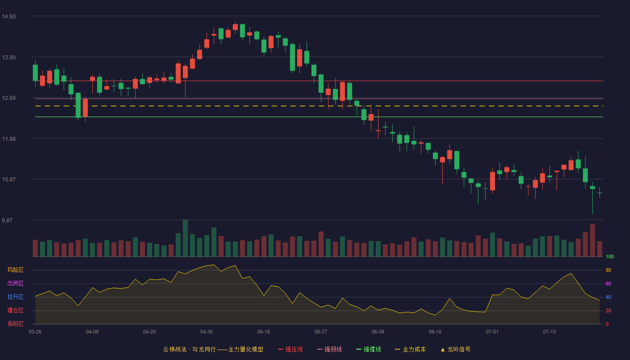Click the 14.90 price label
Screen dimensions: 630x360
(9, 17)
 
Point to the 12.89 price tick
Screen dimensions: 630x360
(9, 98)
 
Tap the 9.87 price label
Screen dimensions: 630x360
(7, 220)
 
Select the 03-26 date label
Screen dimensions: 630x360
(35, 332)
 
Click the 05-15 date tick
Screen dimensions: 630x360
(264, 332)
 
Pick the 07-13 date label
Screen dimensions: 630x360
(549, 332)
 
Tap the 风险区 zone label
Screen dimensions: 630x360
(15, 270)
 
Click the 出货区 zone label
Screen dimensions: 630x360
(15, 283)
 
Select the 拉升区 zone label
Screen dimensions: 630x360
(15, 297)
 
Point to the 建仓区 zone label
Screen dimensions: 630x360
(15, 310)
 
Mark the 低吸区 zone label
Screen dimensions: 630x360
(15, 324)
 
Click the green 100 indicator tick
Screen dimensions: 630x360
(610, 257)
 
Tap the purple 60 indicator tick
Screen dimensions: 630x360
(608, 284)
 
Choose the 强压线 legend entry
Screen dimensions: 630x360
(290, 350)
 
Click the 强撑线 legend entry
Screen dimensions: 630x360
(369, 350)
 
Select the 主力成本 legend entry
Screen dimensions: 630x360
(410, 350)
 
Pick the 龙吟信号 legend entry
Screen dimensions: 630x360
(455, 350)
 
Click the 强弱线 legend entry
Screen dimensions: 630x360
(329, 350)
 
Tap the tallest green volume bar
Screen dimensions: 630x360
(185, 238)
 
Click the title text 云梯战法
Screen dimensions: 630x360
(175, 350)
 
